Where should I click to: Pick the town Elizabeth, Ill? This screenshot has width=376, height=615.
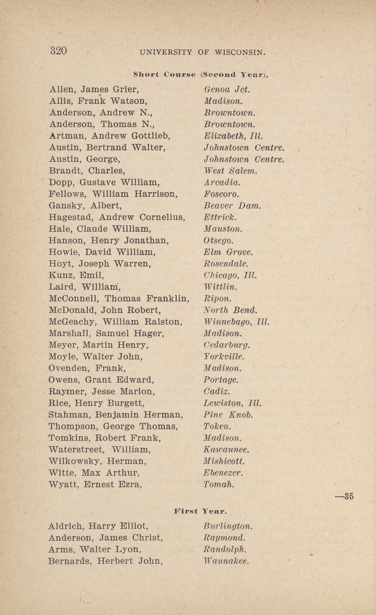pos(233,135)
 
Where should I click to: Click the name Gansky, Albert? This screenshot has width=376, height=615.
pos(85,206)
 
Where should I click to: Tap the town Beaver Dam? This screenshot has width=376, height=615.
pos(233,206)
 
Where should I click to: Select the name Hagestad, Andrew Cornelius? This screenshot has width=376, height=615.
pos(117,217)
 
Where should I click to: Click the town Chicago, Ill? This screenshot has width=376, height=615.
pos(230,275)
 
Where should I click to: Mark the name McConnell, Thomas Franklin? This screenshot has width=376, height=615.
pos(119,299)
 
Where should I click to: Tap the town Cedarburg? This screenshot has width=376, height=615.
pos(227,345)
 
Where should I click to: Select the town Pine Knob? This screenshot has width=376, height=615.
pos(229,415)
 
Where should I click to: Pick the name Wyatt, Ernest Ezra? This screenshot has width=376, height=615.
pos(95,484)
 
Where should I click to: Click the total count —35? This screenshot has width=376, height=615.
pos(344,496)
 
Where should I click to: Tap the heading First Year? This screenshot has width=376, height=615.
pos(200,511)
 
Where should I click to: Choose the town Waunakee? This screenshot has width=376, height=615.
pos(226,561)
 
